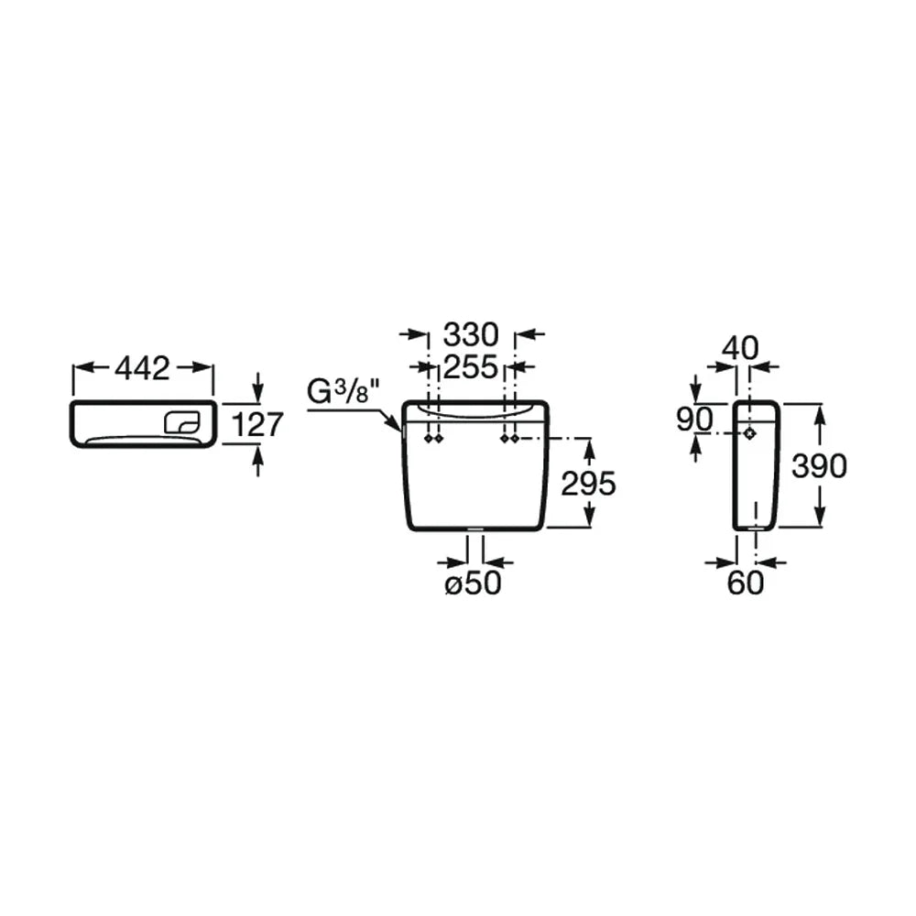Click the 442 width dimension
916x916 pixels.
coord(143,368)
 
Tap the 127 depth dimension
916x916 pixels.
coord(257,424)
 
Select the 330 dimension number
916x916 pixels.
coord(471,334)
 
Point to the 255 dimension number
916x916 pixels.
coord(471,367)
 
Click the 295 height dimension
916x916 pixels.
coord(588,483)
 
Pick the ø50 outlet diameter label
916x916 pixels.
coord(474,583)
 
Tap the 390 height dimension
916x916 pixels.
coord(819,465)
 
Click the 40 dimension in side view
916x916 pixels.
coord(740,348)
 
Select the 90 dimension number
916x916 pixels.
coord(694,419)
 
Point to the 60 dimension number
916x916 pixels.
coord(746,583)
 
